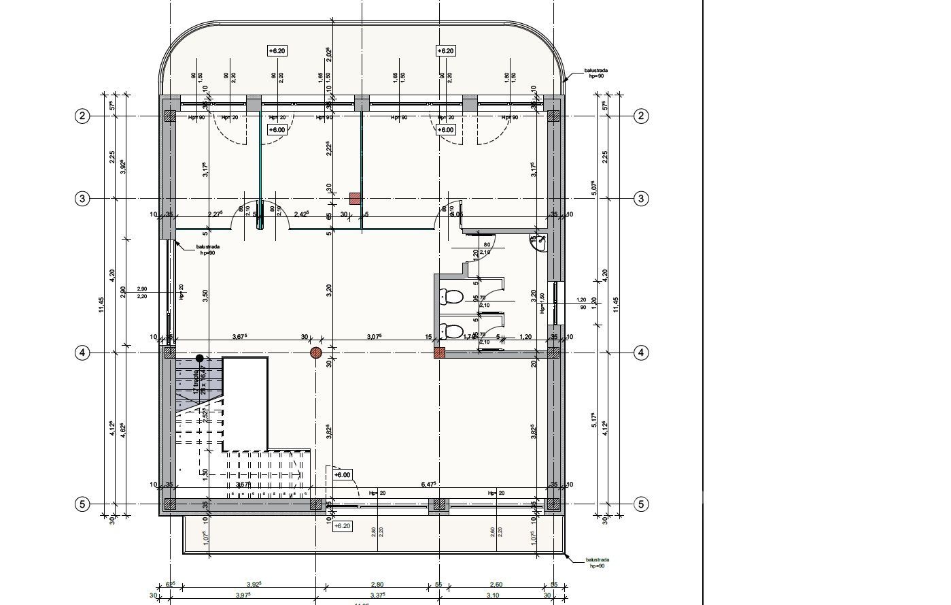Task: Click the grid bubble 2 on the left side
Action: pyautogui.click(x=82, y=116)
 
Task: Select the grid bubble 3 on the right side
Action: pyautogui.click(x=641, y=199)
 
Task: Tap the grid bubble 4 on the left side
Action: pyautogui.click(x=82, y=353)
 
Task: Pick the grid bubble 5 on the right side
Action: pyautogui.click(x=641, y=504)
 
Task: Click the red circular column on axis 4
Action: pyautogui.click(x=316, y=353)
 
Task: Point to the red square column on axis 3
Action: pyautogui.click(x=355, y=198)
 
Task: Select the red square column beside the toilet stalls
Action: pyautogui.click(x=440, y=353)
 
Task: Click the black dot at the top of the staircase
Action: pyautogui.click(x=200, y=358)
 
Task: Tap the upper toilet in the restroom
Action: pyautogui.click(x=451, y=296)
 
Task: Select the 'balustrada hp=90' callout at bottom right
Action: pyautogui.click(x=596, y=563)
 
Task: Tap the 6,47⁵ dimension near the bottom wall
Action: pyautogui.click(x=428, y=485)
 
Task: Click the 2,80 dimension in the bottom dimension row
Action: pyautogui.click(x=377, y=585)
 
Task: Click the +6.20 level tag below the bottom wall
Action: pyautogui.click(x=342, y=526)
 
